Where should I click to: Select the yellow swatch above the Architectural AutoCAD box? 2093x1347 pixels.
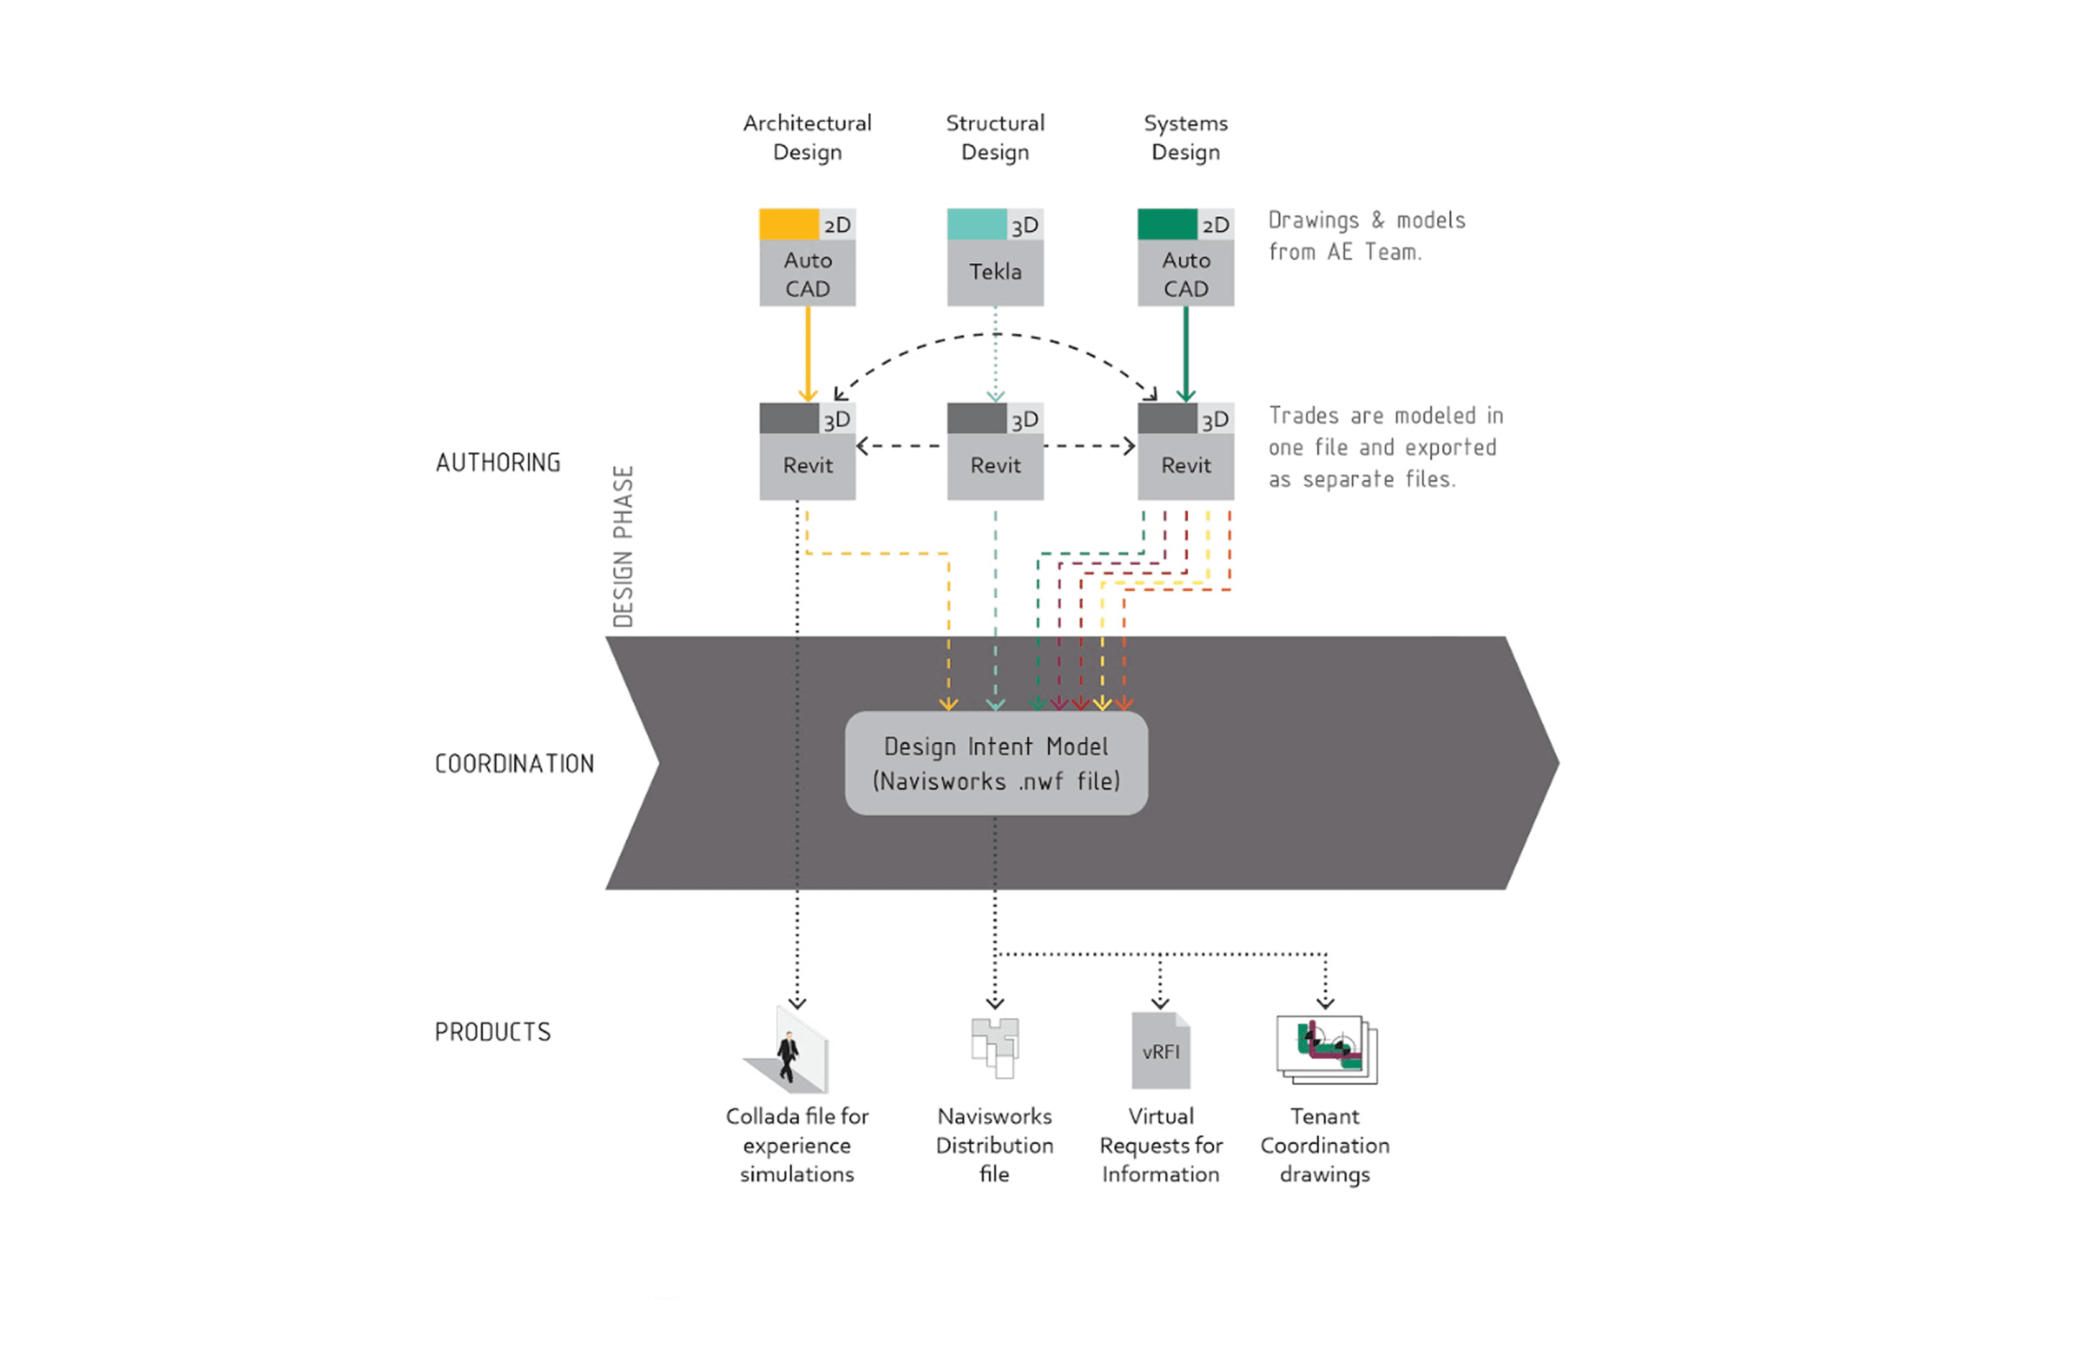tap(788, 224)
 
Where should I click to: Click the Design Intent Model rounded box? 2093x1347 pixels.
tap(996, 763)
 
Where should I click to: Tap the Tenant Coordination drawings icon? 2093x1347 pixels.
tap(1326, 1049)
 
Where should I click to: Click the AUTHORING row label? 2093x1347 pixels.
tap(498, 463)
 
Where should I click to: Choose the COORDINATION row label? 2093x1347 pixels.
tap(515, 764)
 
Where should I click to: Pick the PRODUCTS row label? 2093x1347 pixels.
tap(492, 1032)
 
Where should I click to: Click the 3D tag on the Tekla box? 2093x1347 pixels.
tap(1024, 226)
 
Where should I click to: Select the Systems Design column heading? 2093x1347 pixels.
tap(1185, 137)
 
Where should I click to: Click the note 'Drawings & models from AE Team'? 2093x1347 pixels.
tap(1365, 236)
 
